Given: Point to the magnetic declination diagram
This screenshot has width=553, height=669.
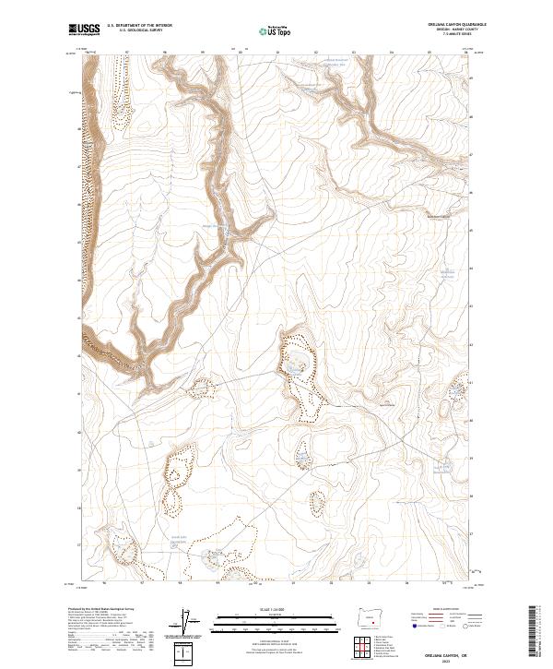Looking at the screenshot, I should pos(186,623).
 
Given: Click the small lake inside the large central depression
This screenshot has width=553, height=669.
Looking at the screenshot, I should pos(294,367).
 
